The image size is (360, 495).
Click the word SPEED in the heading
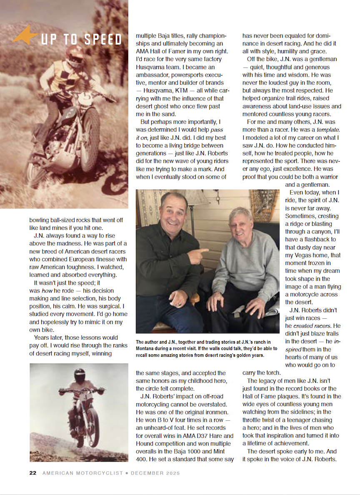(102, 40)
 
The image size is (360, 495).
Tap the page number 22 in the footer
(33, 473)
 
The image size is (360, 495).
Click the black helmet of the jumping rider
(80, 375)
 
